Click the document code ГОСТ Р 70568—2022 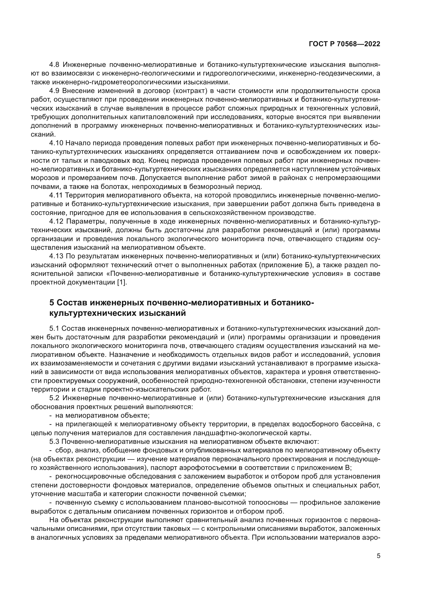click(x=345, y=44)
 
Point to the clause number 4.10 click(x=56, y=143)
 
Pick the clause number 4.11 click(x=56, y=195)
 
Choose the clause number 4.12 click(x=56, y=222)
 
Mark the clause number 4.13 click(x=56, y=256)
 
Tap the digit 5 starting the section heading click(x=52, y=303)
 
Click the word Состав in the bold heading click(x=72, y=303)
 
